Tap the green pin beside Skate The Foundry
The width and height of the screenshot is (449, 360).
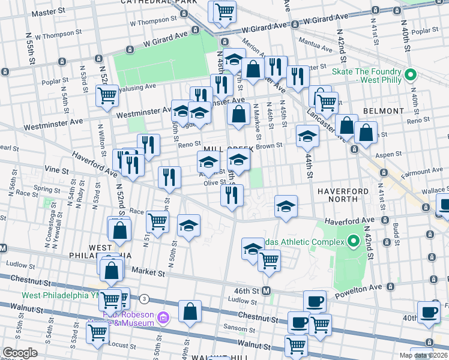(x=411, y=76)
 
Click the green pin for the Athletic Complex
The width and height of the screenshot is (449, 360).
(x=354, y=242)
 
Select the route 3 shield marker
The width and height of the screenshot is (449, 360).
(x=144, y=298)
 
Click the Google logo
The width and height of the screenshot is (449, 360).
(x=20, y=352)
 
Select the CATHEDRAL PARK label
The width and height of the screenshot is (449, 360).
(x=150, y=2)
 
